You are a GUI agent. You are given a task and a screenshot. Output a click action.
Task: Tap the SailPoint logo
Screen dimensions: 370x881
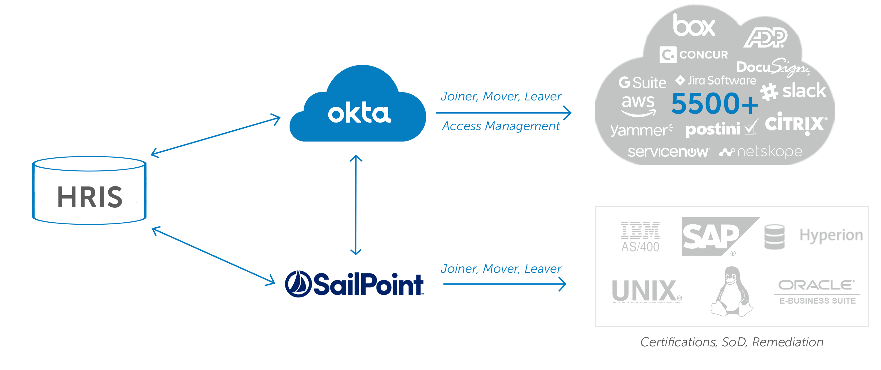pos(354,284)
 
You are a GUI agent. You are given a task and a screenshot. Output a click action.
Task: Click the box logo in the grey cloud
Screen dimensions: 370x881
pos(694,25)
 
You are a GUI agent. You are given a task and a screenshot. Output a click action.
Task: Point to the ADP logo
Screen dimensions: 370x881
pos(765,38)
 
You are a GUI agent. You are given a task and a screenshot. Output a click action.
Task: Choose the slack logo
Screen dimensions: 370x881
pos(793,91)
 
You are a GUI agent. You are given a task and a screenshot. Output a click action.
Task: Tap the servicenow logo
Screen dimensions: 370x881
pos(668,152)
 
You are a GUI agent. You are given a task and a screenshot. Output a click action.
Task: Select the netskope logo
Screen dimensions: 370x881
pos(761,152)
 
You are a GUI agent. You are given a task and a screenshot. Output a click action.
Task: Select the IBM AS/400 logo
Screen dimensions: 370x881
pos(640,237)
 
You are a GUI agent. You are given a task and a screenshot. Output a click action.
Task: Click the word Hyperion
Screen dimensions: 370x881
pos(831,235)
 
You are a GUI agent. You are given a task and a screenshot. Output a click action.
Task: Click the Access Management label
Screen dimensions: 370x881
pos(501,126)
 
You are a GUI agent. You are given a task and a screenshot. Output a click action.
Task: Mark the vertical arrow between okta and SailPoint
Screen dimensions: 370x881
pos(356,205)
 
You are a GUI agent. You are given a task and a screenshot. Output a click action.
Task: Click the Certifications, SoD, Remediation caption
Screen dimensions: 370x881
pos(732,342)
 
